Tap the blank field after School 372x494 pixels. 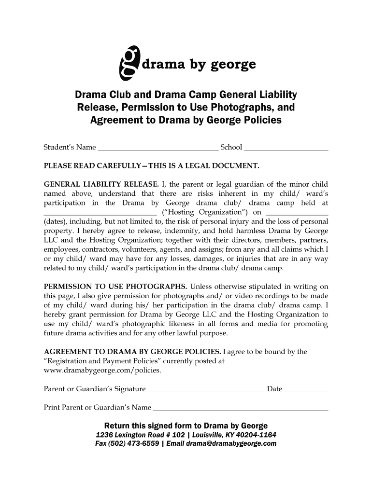[286, 149]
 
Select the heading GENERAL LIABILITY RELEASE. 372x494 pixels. [101, 184]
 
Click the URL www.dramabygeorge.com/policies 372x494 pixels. [102, 370]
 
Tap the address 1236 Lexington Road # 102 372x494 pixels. [139, 435]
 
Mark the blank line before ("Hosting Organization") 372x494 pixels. [100, 214]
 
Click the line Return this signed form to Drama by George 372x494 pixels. [186, 425]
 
